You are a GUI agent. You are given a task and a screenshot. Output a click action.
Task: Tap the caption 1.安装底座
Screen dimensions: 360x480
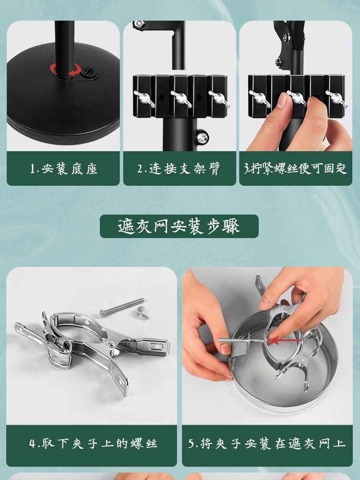click(63, 168)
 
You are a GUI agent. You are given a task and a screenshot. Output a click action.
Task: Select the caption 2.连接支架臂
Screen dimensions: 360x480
click(179, 168)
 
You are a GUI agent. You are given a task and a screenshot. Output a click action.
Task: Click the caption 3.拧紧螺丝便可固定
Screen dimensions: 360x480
click(295, 168)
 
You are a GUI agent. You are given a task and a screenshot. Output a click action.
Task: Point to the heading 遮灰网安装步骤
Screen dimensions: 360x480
click(179, 227)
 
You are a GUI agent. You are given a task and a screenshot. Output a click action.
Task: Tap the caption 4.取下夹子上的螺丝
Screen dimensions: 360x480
click(93, 443)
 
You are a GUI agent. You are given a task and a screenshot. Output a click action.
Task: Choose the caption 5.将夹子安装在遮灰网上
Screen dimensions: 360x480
click(266, 443)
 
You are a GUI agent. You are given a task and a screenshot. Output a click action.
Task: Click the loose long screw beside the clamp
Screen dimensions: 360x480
click(121, 307)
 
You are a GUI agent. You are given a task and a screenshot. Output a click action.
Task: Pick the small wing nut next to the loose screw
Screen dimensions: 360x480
click(143, 312)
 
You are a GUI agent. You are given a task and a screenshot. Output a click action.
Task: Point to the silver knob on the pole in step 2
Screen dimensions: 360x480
click(202, 137)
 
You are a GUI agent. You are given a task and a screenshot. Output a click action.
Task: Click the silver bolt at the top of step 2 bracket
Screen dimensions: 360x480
click(139, 24)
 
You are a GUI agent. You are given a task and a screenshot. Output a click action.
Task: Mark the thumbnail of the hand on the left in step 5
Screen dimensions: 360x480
click(225, 349)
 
